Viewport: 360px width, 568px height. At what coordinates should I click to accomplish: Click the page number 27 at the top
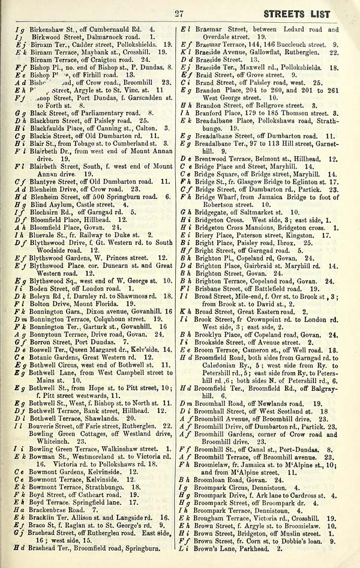pos(178,14)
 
